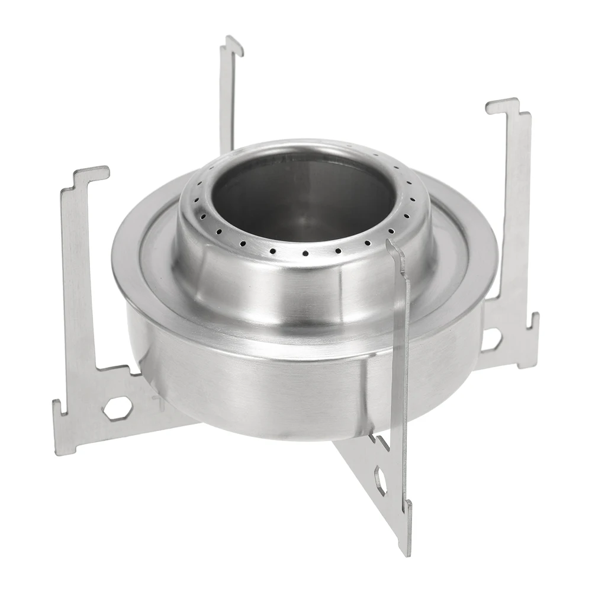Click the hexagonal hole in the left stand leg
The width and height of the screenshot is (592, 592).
click(117, 408)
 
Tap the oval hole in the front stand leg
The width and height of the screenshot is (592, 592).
click(381, 481)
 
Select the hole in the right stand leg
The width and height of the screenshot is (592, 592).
click(491, 339)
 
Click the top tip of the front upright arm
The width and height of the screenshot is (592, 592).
click(391, 244)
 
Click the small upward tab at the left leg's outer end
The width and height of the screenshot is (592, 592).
click(57, 408)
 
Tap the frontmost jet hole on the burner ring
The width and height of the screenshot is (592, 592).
click(305, 253)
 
